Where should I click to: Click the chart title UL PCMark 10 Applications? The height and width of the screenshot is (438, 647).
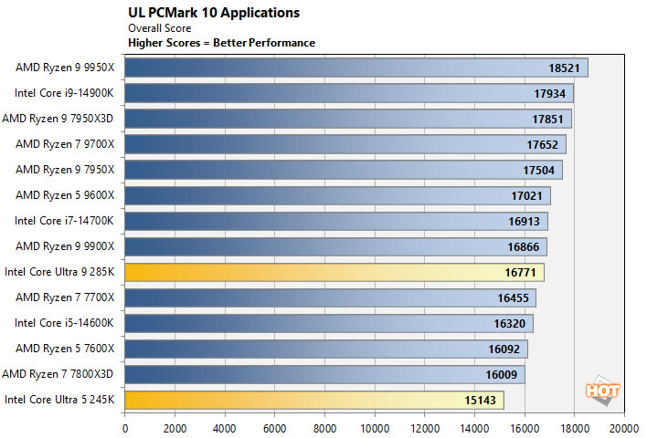click(x=213, y=13)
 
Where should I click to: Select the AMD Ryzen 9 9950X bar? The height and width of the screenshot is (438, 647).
click(x=355, y=68)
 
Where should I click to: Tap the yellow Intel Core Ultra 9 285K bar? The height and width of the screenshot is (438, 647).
click(x=334, y=272)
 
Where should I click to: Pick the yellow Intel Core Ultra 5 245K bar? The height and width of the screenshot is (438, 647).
click(x=313, y=399)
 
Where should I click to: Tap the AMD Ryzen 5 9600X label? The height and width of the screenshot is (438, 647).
click(x=65, y=194)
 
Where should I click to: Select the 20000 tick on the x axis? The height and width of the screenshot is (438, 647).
click(x=624, y=425)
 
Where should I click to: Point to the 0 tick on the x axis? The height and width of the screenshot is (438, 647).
click(x=124, y=425)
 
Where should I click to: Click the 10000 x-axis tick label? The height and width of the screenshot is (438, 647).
click(x=375, y=425)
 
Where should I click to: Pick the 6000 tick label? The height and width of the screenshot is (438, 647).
click(x=274, y=425)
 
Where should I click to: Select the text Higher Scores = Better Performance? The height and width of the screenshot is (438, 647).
click(x=221, y=43)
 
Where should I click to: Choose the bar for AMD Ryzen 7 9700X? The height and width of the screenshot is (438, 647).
click(x=345, y=144)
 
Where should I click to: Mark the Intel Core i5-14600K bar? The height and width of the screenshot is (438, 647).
click(x=328, y=322)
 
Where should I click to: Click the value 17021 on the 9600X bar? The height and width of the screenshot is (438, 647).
click(x=530, y=195)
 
